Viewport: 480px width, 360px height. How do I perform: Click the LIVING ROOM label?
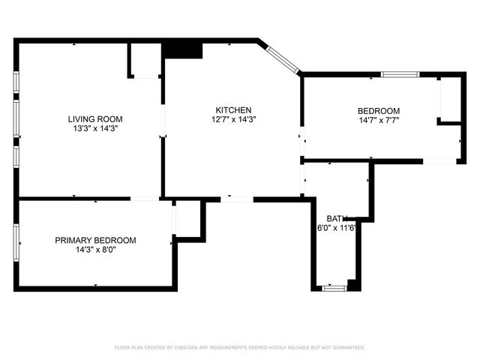coord(95,118)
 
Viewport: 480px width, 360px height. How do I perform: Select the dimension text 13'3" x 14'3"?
coord(95,128)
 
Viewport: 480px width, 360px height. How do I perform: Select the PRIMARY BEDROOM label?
coord(95,240)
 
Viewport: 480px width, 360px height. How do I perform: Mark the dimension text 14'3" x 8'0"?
coord(95,250)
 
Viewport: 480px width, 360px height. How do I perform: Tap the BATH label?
coord(337,218)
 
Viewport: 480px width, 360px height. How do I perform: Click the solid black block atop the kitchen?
coord(183,49)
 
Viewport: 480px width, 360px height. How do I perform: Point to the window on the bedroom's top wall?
coord(400,74)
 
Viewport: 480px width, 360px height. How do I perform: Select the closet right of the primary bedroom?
coord(189,219)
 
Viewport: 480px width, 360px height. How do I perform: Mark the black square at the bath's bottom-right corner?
coord(354,285)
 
